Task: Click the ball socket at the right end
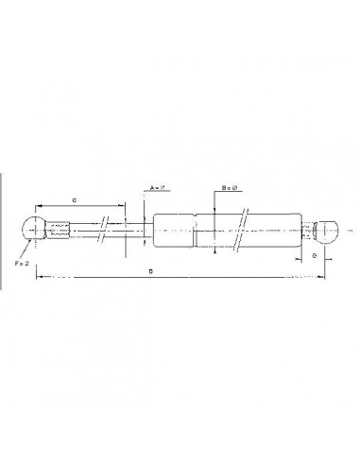[327, 230]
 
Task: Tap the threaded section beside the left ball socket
[60, 230]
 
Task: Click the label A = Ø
[158, 189]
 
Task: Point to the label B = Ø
[229, 189]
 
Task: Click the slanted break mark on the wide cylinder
[243, 230]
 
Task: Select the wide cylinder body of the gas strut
[208, 230]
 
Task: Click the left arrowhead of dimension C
[38, 206]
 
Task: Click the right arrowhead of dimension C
[123, 206]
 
